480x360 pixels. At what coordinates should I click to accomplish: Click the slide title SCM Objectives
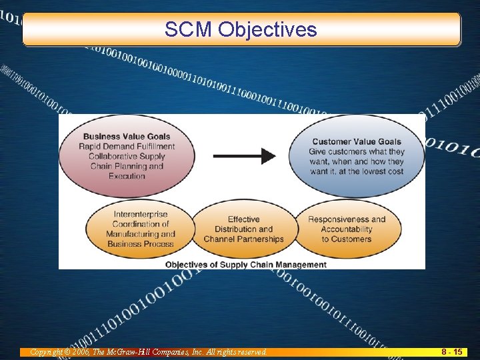(241, 29)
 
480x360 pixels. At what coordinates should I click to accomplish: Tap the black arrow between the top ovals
(244, 156)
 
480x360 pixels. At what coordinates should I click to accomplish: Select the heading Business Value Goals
(126, 137)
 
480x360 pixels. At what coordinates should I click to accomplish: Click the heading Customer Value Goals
(357, 141)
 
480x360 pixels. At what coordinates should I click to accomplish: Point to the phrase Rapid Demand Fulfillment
(127, 147)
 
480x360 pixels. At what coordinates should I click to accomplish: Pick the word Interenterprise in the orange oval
(141, 214)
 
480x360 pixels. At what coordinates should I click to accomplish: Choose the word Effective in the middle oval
(243, 219)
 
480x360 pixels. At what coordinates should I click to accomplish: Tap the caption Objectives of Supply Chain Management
(246, 264)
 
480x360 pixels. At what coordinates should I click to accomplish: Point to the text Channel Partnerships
(243, 239)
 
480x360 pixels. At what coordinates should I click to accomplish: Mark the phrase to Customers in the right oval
(347, 239)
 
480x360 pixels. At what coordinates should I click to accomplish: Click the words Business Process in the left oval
(141, 244)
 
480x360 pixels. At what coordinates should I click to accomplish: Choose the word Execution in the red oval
(127, 176)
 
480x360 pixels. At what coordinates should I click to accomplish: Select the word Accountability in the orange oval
(347, 229)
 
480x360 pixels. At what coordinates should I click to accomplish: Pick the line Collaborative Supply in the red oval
(127, 157)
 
